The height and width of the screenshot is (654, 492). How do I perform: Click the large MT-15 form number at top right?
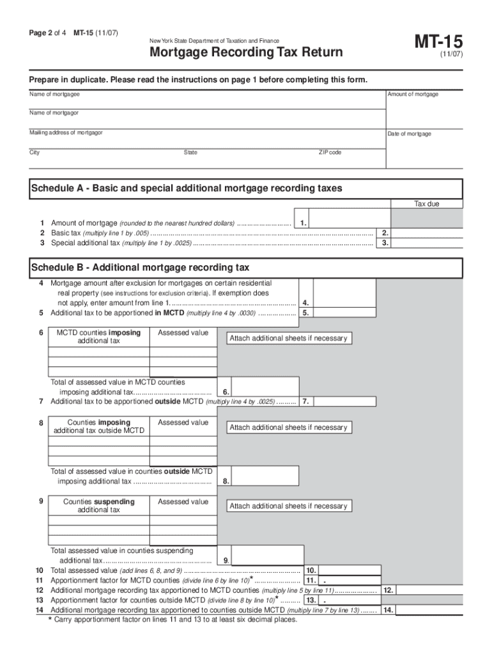(440, 43)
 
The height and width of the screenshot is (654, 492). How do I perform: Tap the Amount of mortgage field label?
(413, 95)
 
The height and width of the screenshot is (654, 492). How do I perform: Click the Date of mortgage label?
(409, 134)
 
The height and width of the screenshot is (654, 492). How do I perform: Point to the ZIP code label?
(330, 153)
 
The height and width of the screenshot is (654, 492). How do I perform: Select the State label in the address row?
(190, 153)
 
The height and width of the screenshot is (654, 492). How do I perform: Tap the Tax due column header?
(427, 204)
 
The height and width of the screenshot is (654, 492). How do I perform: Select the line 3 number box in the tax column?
(384, 243)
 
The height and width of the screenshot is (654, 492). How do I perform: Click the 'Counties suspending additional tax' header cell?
(98, 506)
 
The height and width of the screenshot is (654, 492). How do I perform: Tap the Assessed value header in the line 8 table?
(183, 423)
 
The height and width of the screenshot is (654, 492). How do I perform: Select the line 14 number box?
(388, 610)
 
